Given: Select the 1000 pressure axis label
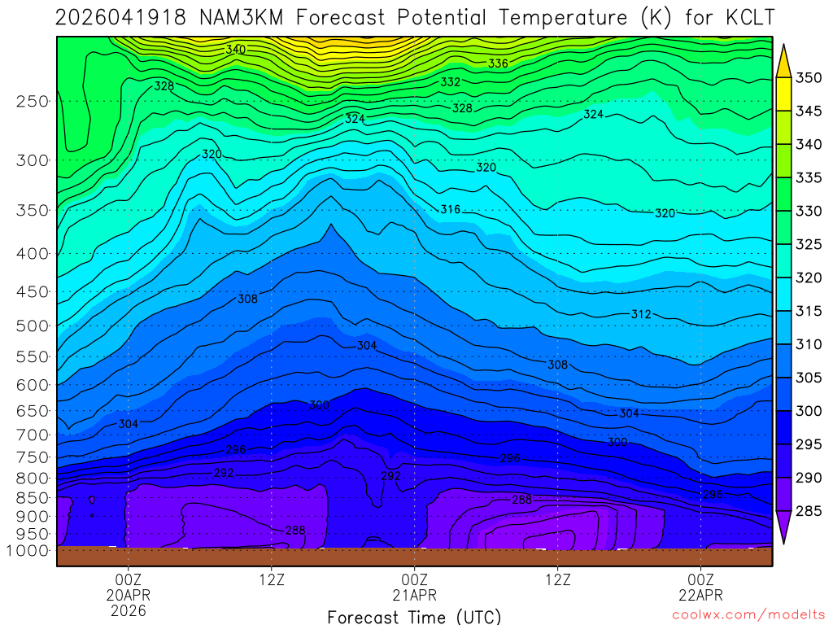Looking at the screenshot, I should click(30, 550).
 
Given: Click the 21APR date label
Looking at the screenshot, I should click(415, 595).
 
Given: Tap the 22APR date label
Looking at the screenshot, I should click(701, 595).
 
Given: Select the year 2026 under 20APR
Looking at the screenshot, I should click(129, 610).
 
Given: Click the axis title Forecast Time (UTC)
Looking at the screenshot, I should click(414, 616).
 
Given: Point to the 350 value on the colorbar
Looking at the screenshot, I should click(809, 78).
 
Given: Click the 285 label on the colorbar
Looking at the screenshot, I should click(809, 511).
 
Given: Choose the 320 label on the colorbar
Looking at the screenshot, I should click(809, 278).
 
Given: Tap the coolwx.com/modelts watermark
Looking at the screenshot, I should click(748, 614).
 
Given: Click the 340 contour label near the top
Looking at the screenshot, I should click(235, 50).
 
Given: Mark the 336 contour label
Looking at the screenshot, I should click(498, 63).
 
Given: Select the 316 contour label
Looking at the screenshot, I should click(450, 210).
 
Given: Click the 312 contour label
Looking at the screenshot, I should click(641, 314).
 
